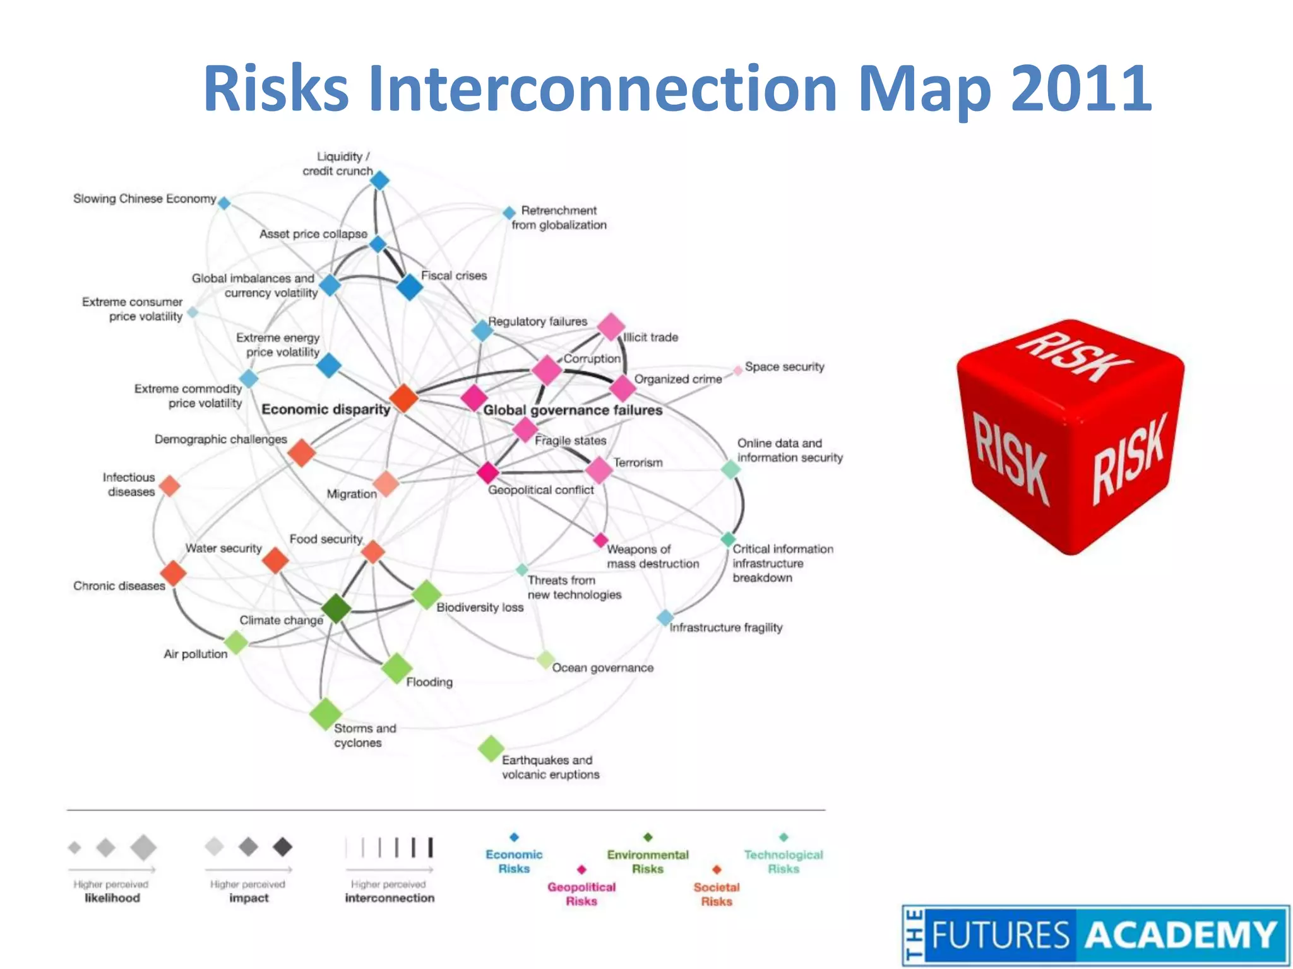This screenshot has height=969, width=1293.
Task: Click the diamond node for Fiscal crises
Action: (410, 287)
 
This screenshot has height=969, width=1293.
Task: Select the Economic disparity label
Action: (326, 409)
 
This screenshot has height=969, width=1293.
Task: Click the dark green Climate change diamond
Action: (336, 608)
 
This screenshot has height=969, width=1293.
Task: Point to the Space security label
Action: (784, 367)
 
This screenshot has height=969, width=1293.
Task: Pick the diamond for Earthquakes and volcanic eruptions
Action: (491, 749)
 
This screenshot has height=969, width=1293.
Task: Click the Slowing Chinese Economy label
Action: (145, 199)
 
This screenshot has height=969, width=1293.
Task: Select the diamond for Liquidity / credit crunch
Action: (379, 181)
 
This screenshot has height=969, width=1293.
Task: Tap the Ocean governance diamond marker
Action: (545, 660)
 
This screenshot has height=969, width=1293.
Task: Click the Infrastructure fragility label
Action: (726, 627)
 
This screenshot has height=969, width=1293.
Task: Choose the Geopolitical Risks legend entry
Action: (581, 893)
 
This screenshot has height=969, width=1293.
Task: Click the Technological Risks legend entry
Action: (784, 861)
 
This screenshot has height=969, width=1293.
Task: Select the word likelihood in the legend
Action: (112, 898)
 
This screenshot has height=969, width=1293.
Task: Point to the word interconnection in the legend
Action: (390, 898)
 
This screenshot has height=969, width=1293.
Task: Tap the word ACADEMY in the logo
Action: (1181, 935)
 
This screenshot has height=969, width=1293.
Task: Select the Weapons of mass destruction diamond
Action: (600, 540)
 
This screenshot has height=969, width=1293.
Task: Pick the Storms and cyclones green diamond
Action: (326, 714)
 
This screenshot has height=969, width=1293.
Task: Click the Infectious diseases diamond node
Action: (170, 486)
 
